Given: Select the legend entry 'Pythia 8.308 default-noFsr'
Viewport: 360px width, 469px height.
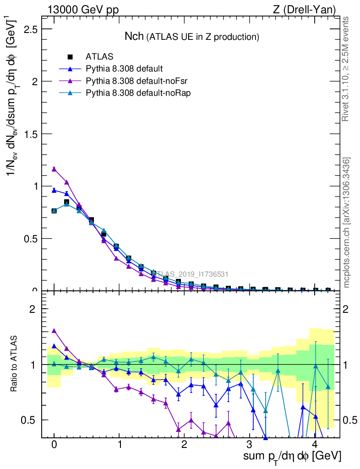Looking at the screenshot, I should tap(131, 81).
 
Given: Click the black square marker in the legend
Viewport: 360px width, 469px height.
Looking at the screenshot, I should tap(70, 57).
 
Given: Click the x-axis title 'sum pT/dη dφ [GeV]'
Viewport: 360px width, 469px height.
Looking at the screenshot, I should tap(292, 456).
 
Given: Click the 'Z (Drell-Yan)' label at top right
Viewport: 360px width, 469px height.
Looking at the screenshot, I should tap(308, 10).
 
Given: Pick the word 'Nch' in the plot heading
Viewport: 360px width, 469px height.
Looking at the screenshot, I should tap(134, 36).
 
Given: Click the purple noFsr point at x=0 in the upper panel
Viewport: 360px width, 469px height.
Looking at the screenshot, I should tap(54, 169).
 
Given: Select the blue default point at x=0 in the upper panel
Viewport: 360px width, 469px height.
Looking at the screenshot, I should tap(54, 190).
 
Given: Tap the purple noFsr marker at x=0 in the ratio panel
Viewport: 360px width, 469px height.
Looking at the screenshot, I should tap(54, 330).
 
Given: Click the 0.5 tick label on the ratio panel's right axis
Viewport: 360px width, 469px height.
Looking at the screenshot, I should tap(349, 420).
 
